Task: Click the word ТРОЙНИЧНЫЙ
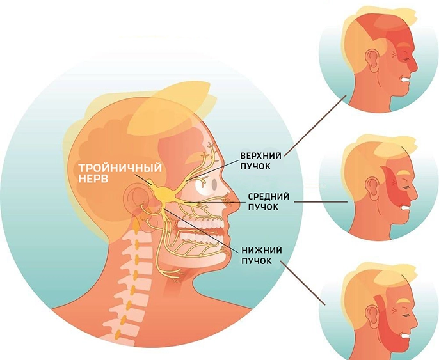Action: click(120, 168)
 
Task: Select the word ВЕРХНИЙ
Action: click(260, 155)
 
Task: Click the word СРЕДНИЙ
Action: click(268, 196)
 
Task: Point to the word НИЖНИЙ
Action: click(262, 251)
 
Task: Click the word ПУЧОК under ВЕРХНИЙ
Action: click(255, 166)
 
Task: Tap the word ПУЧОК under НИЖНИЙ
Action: click(257, 261)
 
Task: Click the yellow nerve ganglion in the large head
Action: click(164, 193)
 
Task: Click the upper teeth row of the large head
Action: click(200, 222)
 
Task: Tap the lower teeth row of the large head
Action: click(200, 236)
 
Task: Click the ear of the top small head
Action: click(372, 61)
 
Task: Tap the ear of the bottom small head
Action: click(372, 316)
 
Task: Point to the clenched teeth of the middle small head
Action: click(405, 208)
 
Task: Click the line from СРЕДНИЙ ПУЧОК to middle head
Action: click(321, 202)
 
